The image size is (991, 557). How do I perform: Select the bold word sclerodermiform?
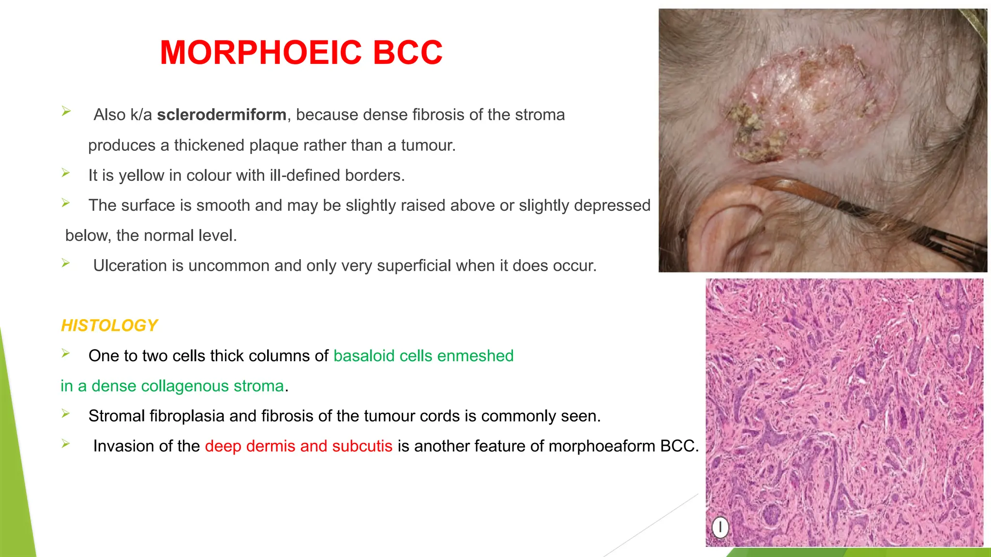click(222, 115)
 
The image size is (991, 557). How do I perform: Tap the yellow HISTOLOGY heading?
click(109, 325)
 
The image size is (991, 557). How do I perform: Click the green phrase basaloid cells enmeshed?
click(423, 356)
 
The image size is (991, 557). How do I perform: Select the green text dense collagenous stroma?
click(187, 386)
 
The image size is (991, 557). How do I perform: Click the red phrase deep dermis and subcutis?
click(299, 446)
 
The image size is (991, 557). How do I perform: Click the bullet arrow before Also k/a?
click(66, 112)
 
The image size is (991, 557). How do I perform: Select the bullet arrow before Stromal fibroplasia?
click(66, 413)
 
